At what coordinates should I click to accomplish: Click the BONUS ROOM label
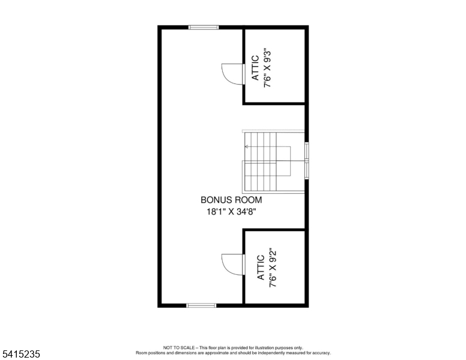tap(231, 200)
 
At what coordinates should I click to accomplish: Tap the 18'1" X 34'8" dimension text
tap(231, 212)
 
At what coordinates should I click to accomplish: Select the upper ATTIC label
tap(255, 68)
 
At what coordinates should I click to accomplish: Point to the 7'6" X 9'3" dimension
tap(267, 68)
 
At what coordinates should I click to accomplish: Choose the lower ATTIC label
tap(261, 268)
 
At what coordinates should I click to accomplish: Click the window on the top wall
tap(204, 28)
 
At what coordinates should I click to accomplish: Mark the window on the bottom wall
tap(202, 305)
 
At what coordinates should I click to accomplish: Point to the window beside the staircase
tap(307, 161)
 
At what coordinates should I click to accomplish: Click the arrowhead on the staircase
tap(246, 147)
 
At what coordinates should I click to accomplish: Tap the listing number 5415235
tap(21, 354)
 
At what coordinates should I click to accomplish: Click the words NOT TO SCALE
tap(179, 347)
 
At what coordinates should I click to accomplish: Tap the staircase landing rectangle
tap(283, 161)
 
